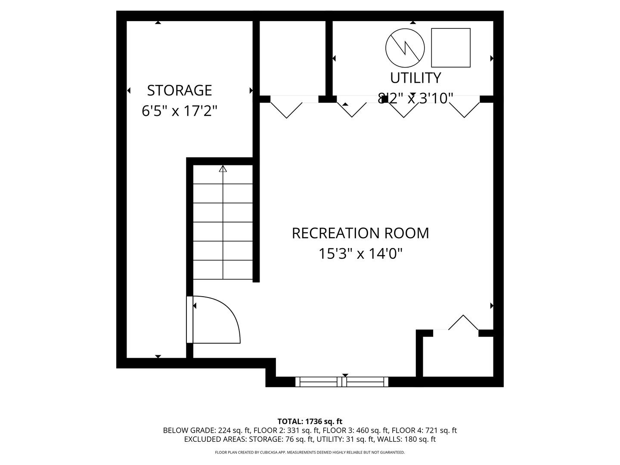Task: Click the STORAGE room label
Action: (180, 90)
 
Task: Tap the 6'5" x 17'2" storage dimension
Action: (180, 111)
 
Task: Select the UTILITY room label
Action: (415, 78)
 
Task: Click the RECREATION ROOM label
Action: (360, 233)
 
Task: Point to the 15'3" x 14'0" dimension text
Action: (360, 254)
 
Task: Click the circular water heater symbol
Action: (405, 48)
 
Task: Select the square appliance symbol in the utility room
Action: (451, 48)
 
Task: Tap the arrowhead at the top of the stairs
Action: (223, 169)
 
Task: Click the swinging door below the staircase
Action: (215, 319)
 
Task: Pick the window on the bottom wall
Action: (342, 381)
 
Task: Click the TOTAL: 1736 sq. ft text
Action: (310, 422)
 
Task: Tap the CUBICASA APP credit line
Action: (310, 453)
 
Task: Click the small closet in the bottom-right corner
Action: (458, 356)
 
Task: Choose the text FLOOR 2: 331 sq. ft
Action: (286, 431)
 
